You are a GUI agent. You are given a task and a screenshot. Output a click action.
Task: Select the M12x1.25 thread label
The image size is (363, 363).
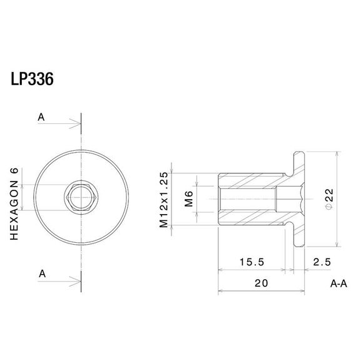click(164, 199)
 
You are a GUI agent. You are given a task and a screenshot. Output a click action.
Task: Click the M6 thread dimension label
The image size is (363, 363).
click(188, 199)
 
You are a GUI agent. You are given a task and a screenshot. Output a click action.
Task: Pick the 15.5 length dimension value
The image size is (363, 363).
click(253, 260)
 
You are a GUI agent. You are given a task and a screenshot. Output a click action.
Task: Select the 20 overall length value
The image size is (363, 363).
click(261, 283)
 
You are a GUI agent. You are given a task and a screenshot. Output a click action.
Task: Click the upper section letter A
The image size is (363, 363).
click(41, 116)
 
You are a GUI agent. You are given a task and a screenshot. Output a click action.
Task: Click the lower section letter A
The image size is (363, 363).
click(41, 274)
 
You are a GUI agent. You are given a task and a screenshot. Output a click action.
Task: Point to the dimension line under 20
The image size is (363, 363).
click(261, 292)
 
